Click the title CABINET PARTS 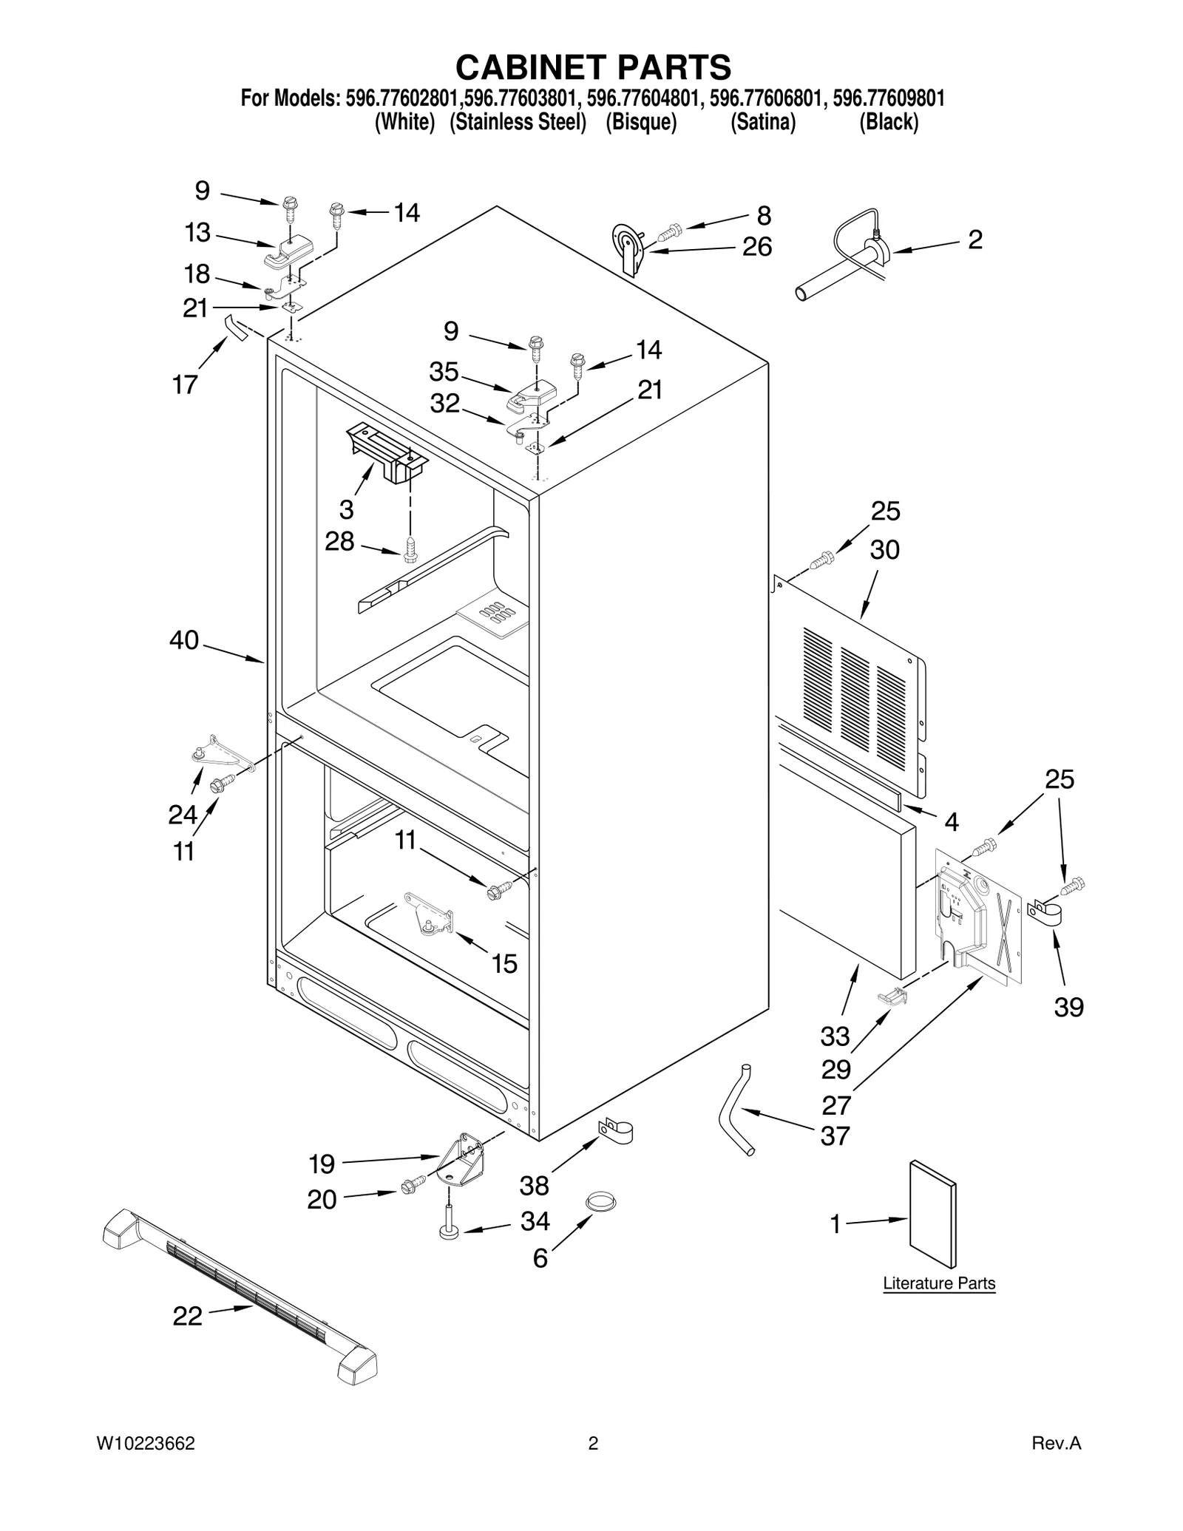pos(593,67)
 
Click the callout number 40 pos(184,639)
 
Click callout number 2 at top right pos(974,240)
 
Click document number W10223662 pos(146,1464)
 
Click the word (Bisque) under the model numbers pos(641,122)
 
